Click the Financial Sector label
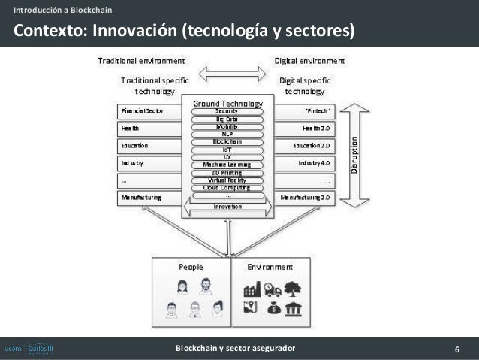point(143,110)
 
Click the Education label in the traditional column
point(134,145)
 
